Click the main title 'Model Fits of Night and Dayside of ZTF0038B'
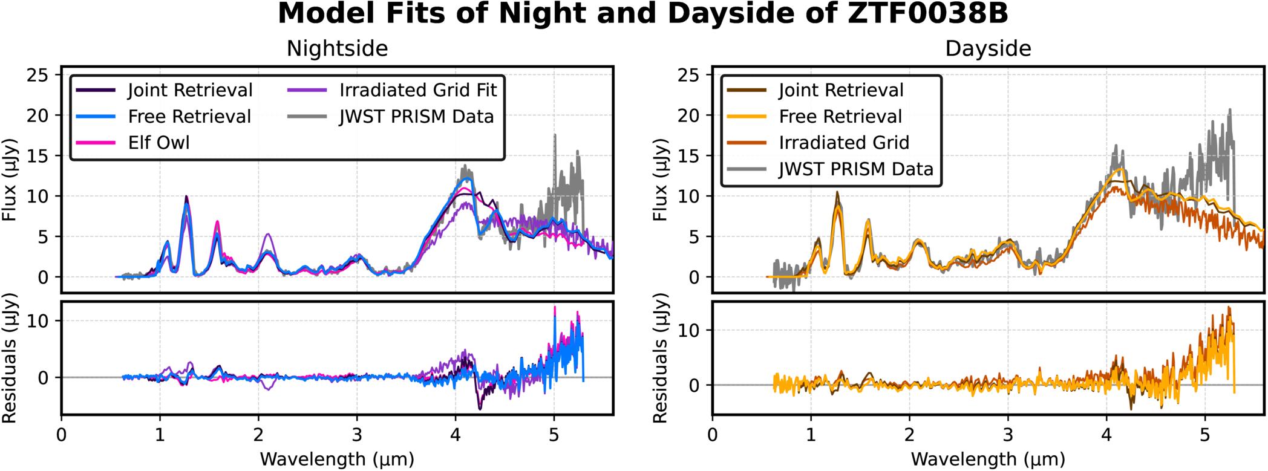pos(642,14)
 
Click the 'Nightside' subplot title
pos(337,48)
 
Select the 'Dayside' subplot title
pos(988,48)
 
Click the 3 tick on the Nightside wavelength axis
pos(357,435)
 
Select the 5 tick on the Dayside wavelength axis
pos(1204,435)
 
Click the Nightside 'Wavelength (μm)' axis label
pos(337,460)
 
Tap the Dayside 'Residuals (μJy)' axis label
pos(660,358)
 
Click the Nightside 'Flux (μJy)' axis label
pos(9,180)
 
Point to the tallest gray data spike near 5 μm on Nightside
pos(554,137)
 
